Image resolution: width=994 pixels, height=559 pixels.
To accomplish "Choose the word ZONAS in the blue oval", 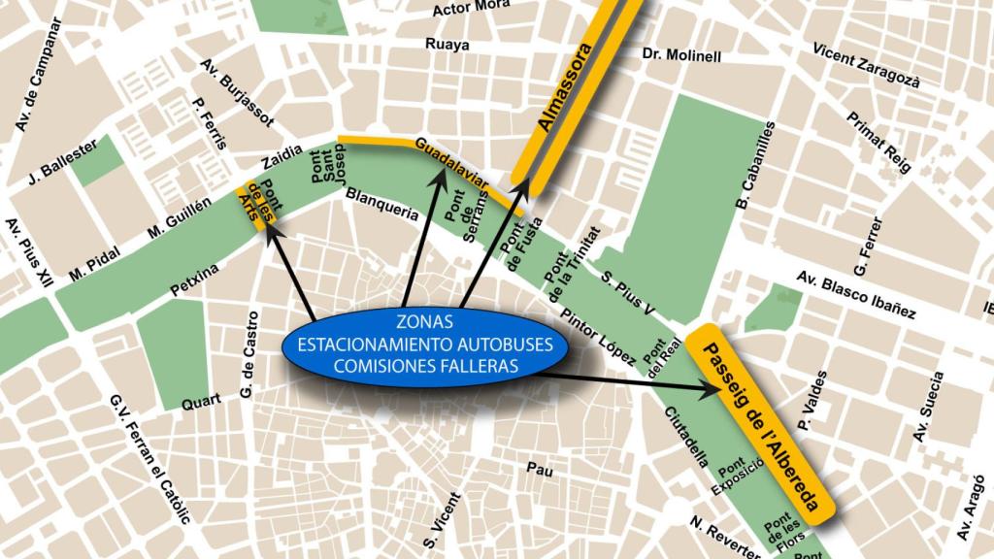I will point(424,321).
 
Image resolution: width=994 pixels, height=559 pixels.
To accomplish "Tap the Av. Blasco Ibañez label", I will point(855,294).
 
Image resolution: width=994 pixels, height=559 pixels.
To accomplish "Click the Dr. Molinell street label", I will point(681,56).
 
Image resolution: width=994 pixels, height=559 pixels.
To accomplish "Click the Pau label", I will point(539,470).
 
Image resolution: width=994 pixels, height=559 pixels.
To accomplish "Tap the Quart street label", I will point(201,402).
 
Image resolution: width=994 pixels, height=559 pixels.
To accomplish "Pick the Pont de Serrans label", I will point(464,217).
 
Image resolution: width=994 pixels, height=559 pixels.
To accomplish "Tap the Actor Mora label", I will point(471,9).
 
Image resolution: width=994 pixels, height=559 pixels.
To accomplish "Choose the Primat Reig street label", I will point(879,142).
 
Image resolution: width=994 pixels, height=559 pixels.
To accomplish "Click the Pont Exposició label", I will point(734,476).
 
